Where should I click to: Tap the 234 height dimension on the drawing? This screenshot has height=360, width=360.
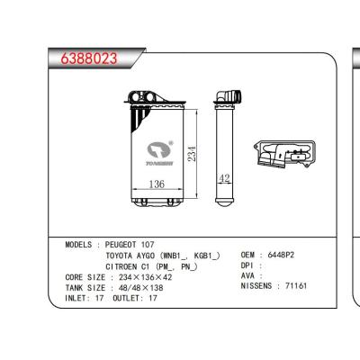[x=192, y=155]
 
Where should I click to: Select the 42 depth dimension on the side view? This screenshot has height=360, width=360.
[x=226, y=178]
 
